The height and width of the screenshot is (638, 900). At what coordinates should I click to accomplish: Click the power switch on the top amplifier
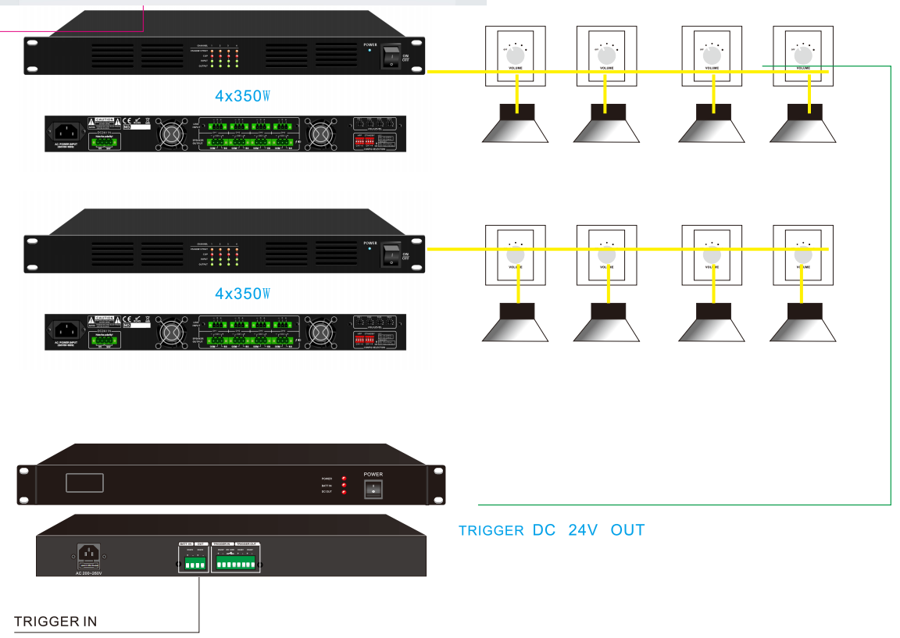click(x=389, y=57)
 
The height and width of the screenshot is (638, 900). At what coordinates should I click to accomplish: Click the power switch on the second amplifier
click(x=389, y=255)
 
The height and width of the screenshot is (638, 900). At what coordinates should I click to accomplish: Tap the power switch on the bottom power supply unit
click(x=373, y=488)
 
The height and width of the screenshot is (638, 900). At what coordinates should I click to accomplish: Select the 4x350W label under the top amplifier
click(x=242, y=96)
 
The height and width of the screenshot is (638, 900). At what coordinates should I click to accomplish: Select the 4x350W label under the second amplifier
click(x=242, y=294)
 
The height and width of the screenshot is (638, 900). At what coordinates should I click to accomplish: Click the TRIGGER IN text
click(x=55, y=622)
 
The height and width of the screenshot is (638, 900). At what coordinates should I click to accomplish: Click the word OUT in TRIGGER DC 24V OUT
click(x=628, y=530)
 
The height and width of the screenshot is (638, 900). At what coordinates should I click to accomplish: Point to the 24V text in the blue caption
click(x=583, y=530)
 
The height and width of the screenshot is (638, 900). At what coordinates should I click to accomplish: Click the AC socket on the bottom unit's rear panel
click(x=87, y=555)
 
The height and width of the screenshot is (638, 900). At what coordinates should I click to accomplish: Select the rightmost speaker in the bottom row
click(x=802, y=323)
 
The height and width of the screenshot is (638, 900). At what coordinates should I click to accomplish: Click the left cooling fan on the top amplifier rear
click(x=169, y=134)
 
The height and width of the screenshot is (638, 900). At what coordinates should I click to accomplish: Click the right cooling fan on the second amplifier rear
click(x=318, y=332)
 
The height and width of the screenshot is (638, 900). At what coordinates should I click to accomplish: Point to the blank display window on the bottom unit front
click(x=84, y=482)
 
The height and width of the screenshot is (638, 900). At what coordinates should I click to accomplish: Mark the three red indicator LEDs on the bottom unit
click(x=344, y=485)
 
